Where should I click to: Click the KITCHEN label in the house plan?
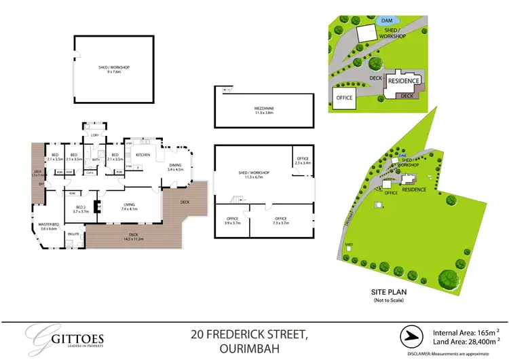click(143, 156)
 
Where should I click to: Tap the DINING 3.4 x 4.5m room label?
click(176, 167)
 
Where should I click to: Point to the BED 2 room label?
click(79, 209)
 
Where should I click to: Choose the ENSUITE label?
click(73, 234)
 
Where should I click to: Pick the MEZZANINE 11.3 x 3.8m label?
click(265, 110)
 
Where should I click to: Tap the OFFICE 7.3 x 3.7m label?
click(280, 221)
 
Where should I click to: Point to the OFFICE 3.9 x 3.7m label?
click(231, 221)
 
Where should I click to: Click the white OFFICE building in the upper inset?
click(345, 98)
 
